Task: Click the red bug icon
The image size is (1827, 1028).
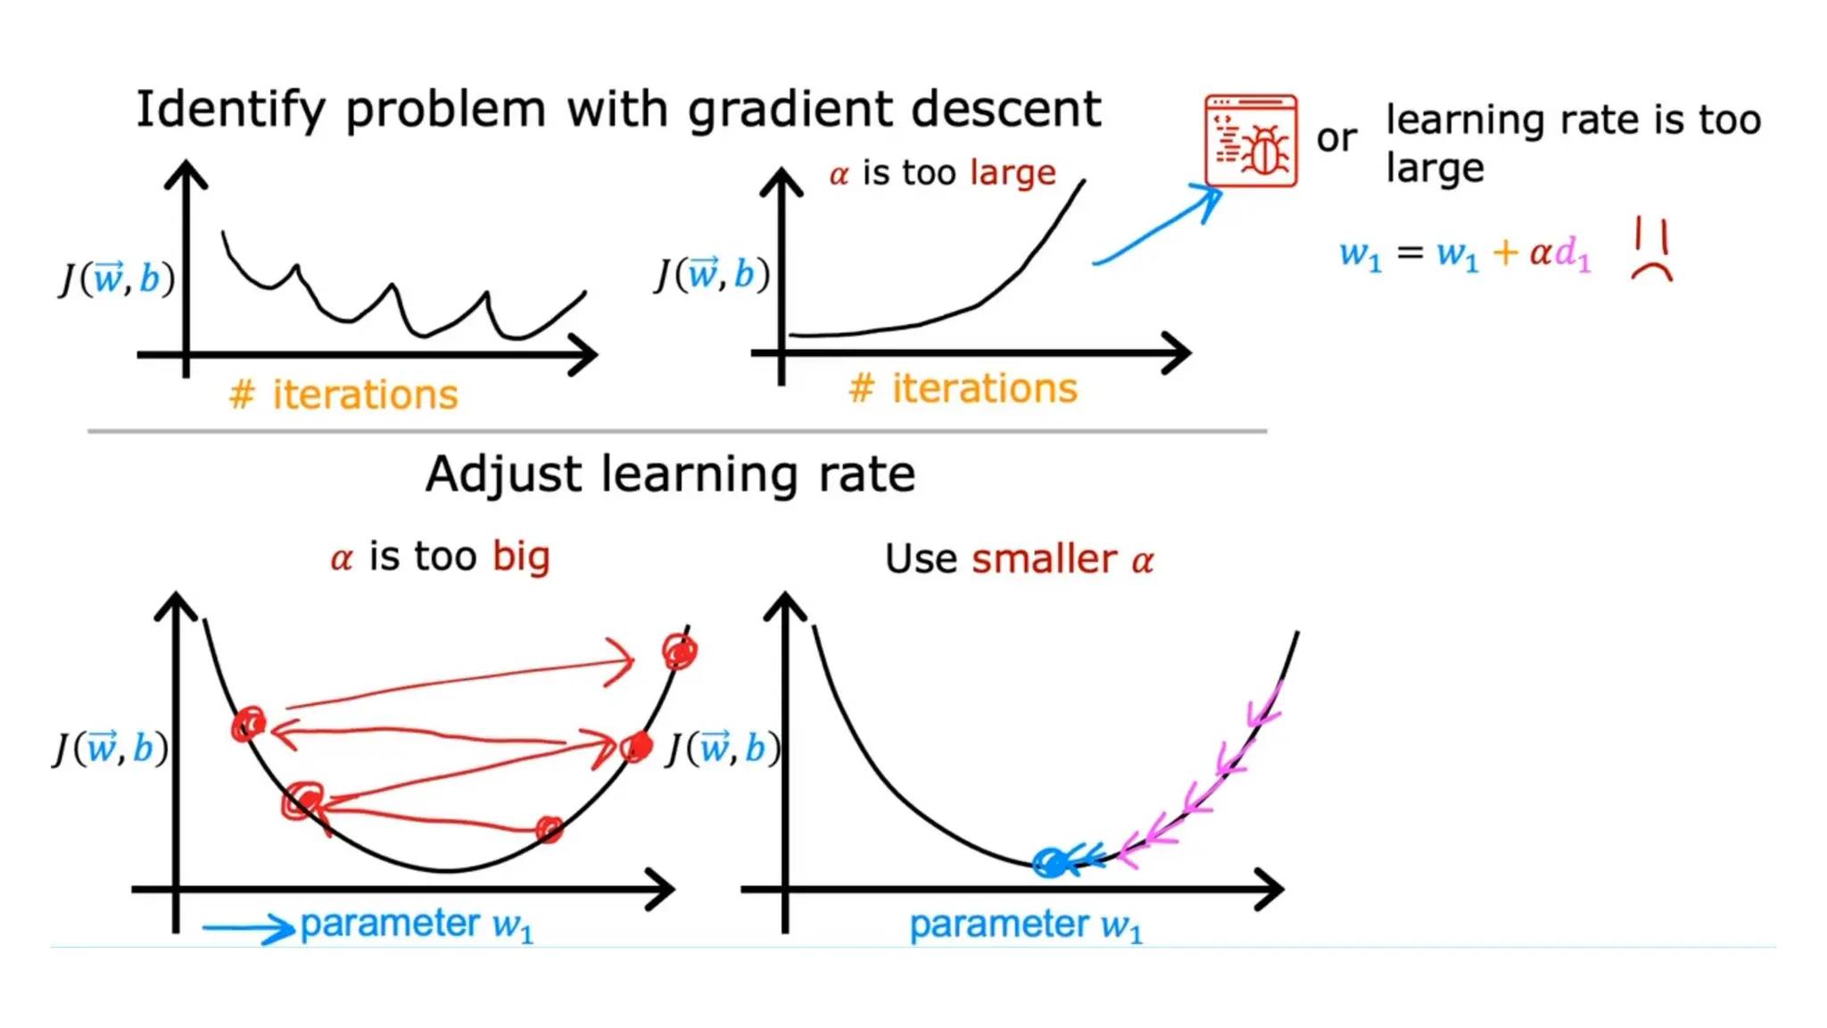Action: click(1250, 141)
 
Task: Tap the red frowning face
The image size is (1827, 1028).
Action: click(1651, 251)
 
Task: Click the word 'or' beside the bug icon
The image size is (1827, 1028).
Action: click(1336, 138)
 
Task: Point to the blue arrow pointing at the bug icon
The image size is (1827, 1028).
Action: click(1158, 225)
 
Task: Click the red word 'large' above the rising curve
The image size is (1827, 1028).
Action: click(1013, 172)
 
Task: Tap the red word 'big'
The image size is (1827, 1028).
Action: click(521, 558)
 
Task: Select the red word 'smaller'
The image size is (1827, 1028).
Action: click(1044, 560)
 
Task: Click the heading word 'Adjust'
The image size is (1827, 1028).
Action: click(503, 474)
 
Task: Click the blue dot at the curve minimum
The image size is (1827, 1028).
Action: click(1051, 863)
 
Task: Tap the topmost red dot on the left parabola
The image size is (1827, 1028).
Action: click(680, 651)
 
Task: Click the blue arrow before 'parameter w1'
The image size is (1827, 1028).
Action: click(248, 929)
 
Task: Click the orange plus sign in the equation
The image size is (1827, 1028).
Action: click(1505, 253)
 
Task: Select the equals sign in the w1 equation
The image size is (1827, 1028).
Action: click(1410, 253)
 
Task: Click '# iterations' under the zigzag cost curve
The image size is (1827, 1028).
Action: click(343, 394)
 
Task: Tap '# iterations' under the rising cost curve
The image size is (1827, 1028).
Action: click(963, 389)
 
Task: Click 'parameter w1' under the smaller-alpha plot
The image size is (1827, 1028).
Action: click(1025, 925)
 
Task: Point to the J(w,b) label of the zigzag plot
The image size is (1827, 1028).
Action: click(117, 278)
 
